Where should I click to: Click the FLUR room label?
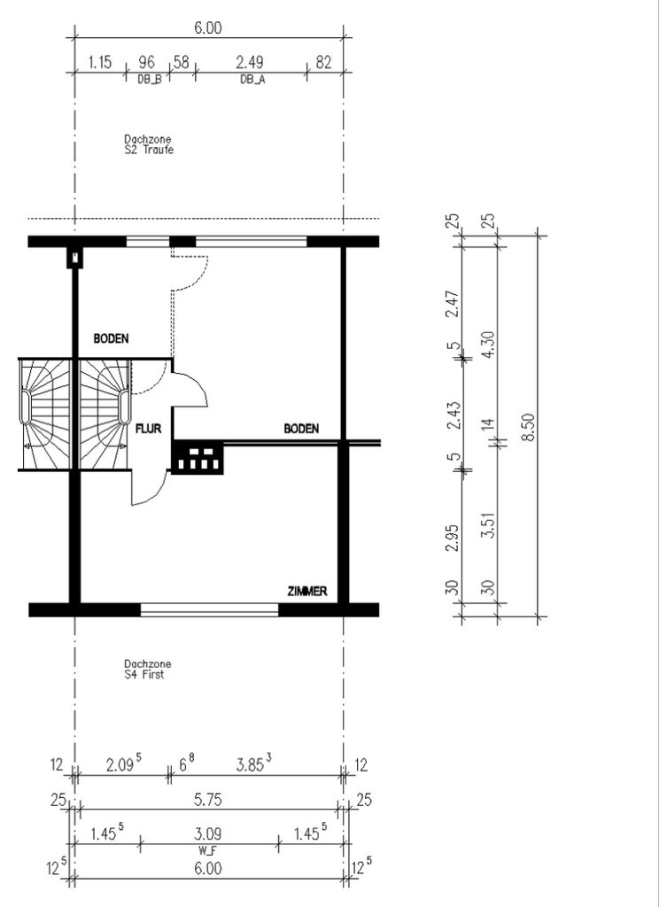pos(148,430)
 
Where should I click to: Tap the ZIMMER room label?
pos(307,591)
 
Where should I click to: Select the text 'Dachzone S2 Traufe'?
pos(149,144)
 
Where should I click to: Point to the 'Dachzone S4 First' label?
pos(148,670)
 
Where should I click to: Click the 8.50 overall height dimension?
pos(528,427)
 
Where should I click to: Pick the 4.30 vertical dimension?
pos(489,345)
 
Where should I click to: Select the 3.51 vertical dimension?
pos(489,524)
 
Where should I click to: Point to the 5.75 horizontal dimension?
pos(206,800)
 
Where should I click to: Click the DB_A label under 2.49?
pos(252,80)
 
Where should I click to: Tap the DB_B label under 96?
pos(150,80)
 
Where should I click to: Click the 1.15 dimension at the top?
pos(100,62)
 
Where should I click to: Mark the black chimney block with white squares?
pos(198,458)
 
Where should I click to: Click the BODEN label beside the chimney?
pos(301,429)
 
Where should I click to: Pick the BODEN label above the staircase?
pos(111,338)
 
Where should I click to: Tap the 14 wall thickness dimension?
pos(489,424)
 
